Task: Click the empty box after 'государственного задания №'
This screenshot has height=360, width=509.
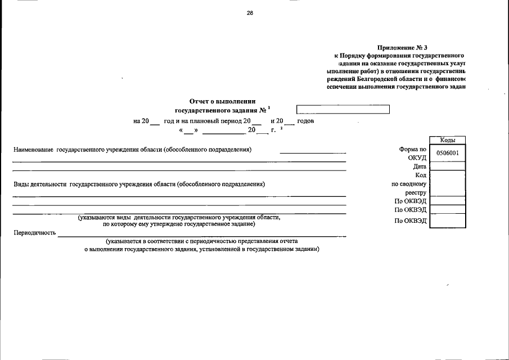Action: pyautogui.click(x=343, y=110)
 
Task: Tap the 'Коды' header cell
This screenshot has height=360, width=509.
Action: pyautogui.click(x=447, y=140)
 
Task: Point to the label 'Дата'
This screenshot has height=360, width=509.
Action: pyautogui.click(x=420, y=166)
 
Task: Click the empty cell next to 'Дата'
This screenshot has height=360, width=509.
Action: pyautogui.click(x=447, y=166)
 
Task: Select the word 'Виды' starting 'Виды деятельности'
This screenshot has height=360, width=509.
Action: pyautogui.click(x=21, y=184)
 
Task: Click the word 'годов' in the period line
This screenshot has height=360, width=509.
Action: pyautogui.click(x=305, y=121)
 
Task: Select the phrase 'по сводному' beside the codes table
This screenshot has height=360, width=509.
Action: pyautogui.click(x=410, y=184)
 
